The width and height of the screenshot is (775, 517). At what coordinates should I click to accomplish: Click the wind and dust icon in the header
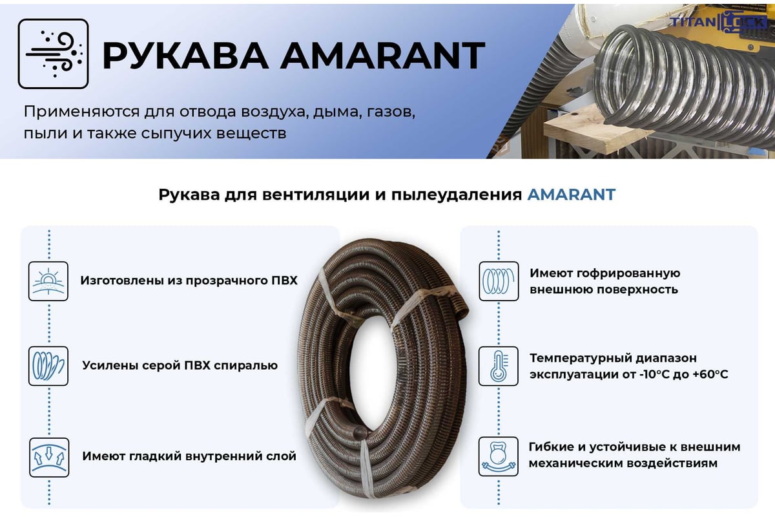[x=53, y=54]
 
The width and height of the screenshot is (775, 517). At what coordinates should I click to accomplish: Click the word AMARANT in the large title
[x=382, y=56]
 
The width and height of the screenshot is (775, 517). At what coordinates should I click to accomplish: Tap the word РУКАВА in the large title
[x=185, y=56]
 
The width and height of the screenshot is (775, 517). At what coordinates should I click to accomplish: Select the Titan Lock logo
[x=718, y=22]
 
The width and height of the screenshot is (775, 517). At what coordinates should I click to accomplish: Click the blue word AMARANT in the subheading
[x=571, y=195]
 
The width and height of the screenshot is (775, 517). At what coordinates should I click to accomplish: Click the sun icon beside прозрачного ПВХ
[x=48, y=281]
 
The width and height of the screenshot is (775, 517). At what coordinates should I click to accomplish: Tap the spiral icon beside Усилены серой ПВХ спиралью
[x=48, y=366]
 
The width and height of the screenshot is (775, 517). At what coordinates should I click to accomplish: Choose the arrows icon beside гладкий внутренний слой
[x=49, y=457]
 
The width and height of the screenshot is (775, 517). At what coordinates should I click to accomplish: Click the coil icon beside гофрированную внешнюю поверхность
[x=499, y=281]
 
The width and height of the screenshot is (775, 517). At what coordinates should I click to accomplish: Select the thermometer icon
[x=498, y=366]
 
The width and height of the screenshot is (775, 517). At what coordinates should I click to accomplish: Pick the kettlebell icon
[x=498, y=456]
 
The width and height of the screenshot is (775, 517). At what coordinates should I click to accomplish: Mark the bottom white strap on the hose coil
[x=367, y=465]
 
